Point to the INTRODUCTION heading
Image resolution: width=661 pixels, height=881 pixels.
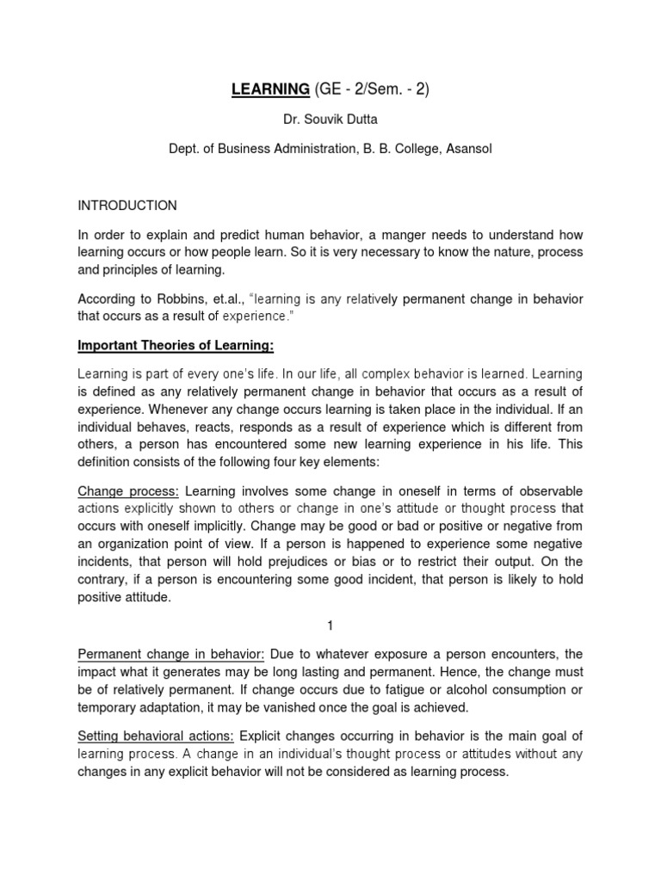[127, 206]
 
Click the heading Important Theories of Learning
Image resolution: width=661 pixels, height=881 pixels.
[164, 346]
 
